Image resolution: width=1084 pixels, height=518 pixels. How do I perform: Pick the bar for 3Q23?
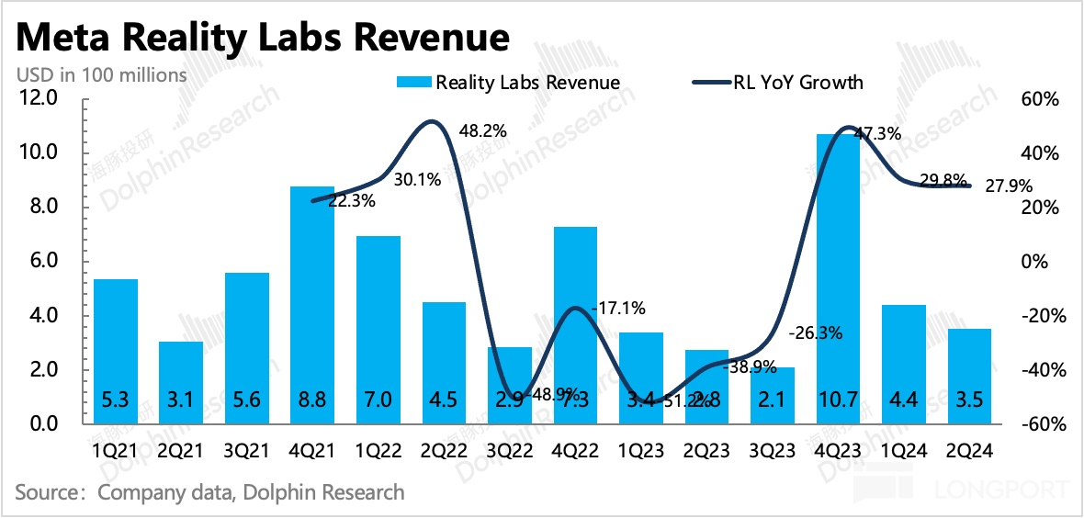772,395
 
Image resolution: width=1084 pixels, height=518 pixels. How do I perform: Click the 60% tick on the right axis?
1041,98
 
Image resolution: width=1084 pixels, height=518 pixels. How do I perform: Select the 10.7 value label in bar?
838,400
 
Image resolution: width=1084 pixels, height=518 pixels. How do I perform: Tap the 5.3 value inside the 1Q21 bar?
116,400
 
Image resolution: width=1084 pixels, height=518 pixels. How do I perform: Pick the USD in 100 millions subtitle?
101,74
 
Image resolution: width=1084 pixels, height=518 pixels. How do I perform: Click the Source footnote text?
209,492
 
